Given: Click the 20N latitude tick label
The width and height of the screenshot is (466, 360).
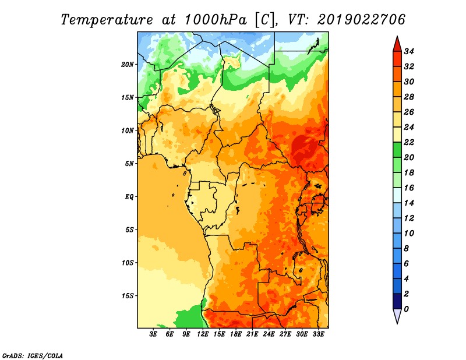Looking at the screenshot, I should pos(128,64).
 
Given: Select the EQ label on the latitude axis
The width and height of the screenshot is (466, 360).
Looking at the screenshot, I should pos(129,196).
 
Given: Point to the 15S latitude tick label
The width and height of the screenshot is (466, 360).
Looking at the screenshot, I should pos(128,295).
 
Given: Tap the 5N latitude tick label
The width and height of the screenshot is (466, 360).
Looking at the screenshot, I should pos(129,163).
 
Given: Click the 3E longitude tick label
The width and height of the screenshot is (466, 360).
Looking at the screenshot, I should pos(154,334).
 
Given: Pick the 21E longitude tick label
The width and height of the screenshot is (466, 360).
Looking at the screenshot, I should pos(252,334).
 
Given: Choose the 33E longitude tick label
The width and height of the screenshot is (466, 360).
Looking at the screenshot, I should pos(318,334).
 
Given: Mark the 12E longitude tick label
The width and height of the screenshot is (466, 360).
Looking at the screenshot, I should pos(203,334).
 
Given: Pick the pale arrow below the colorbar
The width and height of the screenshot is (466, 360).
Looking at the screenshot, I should pos(397,316).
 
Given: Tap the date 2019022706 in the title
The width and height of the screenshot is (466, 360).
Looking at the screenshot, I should pos(361,19).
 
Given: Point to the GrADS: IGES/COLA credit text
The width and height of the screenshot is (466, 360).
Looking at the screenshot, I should pos(33,355).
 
